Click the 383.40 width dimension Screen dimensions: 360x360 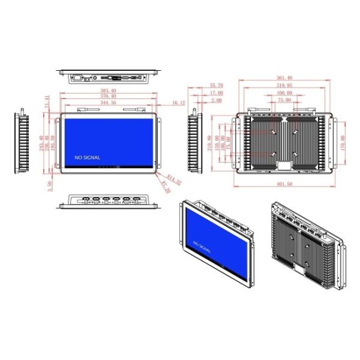pos(109,91)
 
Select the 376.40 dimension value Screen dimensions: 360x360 pos(109,97)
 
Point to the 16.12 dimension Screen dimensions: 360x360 pos(178,103)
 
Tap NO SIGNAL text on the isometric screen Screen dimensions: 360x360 pos(202,246)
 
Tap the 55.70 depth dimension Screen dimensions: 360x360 pos(217,86)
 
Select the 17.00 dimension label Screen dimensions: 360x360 pos(217,93)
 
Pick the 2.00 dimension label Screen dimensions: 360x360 pos(217,100)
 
